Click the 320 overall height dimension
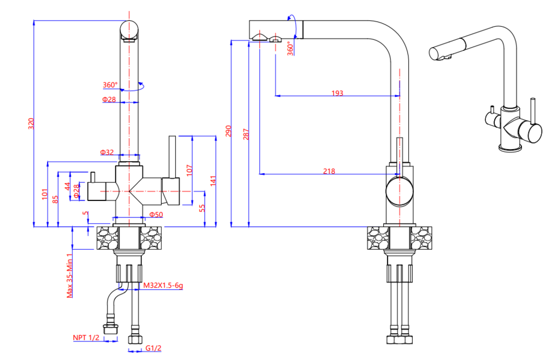31,124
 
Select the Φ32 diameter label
106,152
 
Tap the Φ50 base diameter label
156,214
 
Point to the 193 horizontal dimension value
337,93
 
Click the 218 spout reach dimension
329,171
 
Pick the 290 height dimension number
229,131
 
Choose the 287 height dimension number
246,133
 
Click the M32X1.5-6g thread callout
163,285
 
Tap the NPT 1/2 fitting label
86,338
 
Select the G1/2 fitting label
154,348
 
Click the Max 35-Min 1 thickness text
70,275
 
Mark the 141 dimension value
213,180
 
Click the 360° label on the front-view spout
110,85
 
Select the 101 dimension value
45,194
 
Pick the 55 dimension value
201,208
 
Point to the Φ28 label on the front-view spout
109,99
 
